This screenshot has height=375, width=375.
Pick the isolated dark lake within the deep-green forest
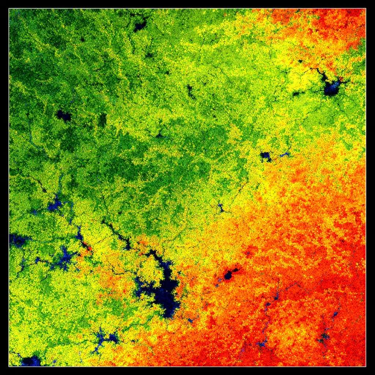pyautogui.click(x=64, y=116)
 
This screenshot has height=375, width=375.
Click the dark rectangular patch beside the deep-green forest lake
pyautogui.click(x=102, y=119)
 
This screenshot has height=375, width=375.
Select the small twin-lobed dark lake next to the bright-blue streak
pyautogui.click(x=266, y=156)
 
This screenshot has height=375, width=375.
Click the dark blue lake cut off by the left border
pyautogui.click(x=16, y=240)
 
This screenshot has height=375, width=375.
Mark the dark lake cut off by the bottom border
pyautogui.click(x=31, y=361)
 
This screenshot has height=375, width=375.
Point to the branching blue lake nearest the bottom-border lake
pyautogui.click(x=104, y=339)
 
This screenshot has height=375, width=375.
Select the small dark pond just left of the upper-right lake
pyautogui.click(x=296, y=94)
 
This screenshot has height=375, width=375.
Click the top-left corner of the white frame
pyautogui.click(x=9, y=9)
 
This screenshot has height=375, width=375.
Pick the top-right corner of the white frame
pyautogui.click(x=365, y=9)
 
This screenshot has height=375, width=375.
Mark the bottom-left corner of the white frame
pyautogui.click(x=9, y=366)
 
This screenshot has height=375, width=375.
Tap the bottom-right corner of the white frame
pyautogui.click(x=365, y=366)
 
